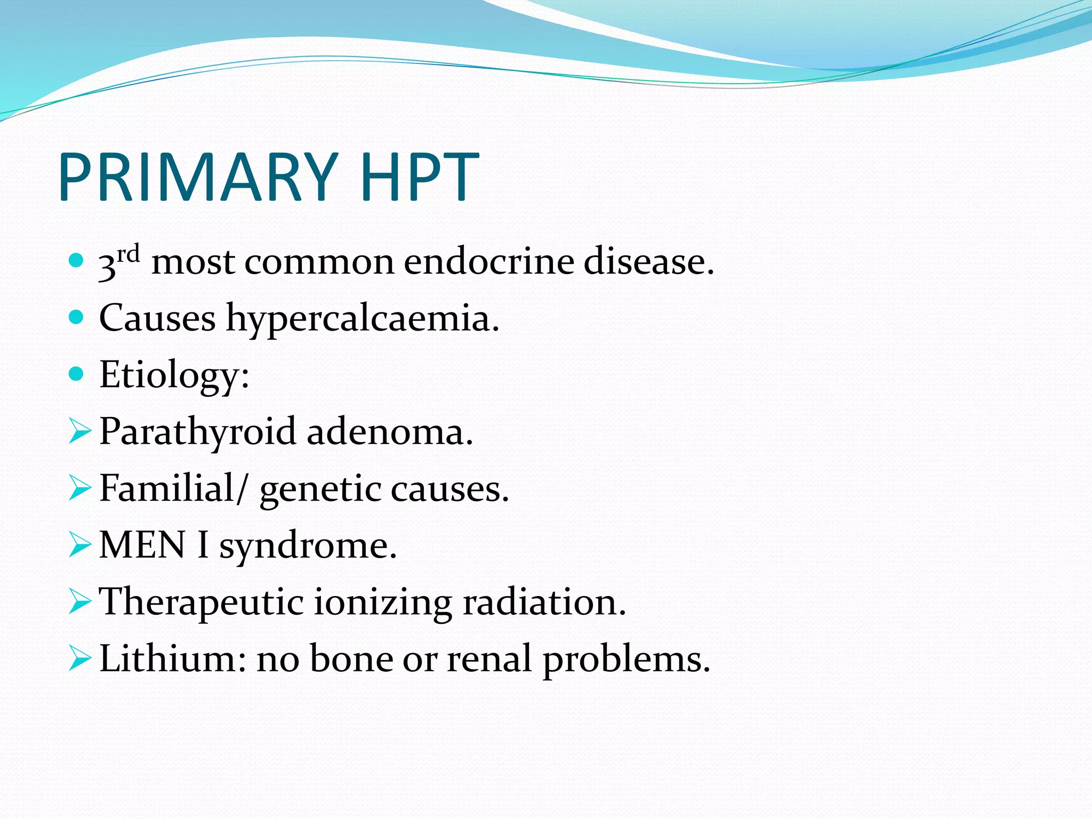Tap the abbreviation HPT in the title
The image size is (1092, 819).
420,178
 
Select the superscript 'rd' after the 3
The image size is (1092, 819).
129,254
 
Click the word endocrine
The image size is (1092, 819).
488,262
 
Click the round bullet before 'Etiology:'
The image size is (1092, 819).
77,374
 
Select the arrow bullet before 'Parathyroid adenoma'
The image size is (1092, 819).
80,431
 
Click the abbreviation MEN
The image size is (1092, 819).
142,545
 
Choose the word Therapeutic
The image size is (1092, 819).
202,603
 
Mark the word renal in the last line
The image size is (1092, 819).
489,659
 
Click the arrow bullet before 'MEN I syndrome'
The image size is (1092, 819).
80,545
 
